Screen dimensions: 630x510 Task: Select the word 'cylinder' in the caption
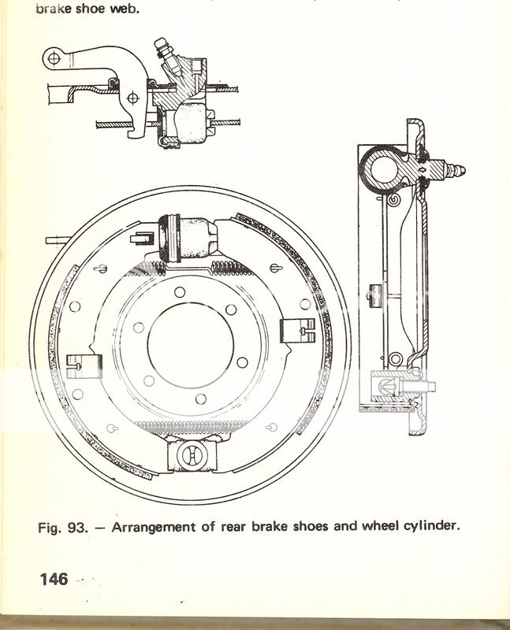[429, 525]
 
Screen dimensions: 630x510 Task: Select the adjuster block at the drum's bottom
[191, 456]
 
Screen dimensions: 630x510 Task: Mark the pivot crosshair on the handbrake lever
[132, 98]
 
